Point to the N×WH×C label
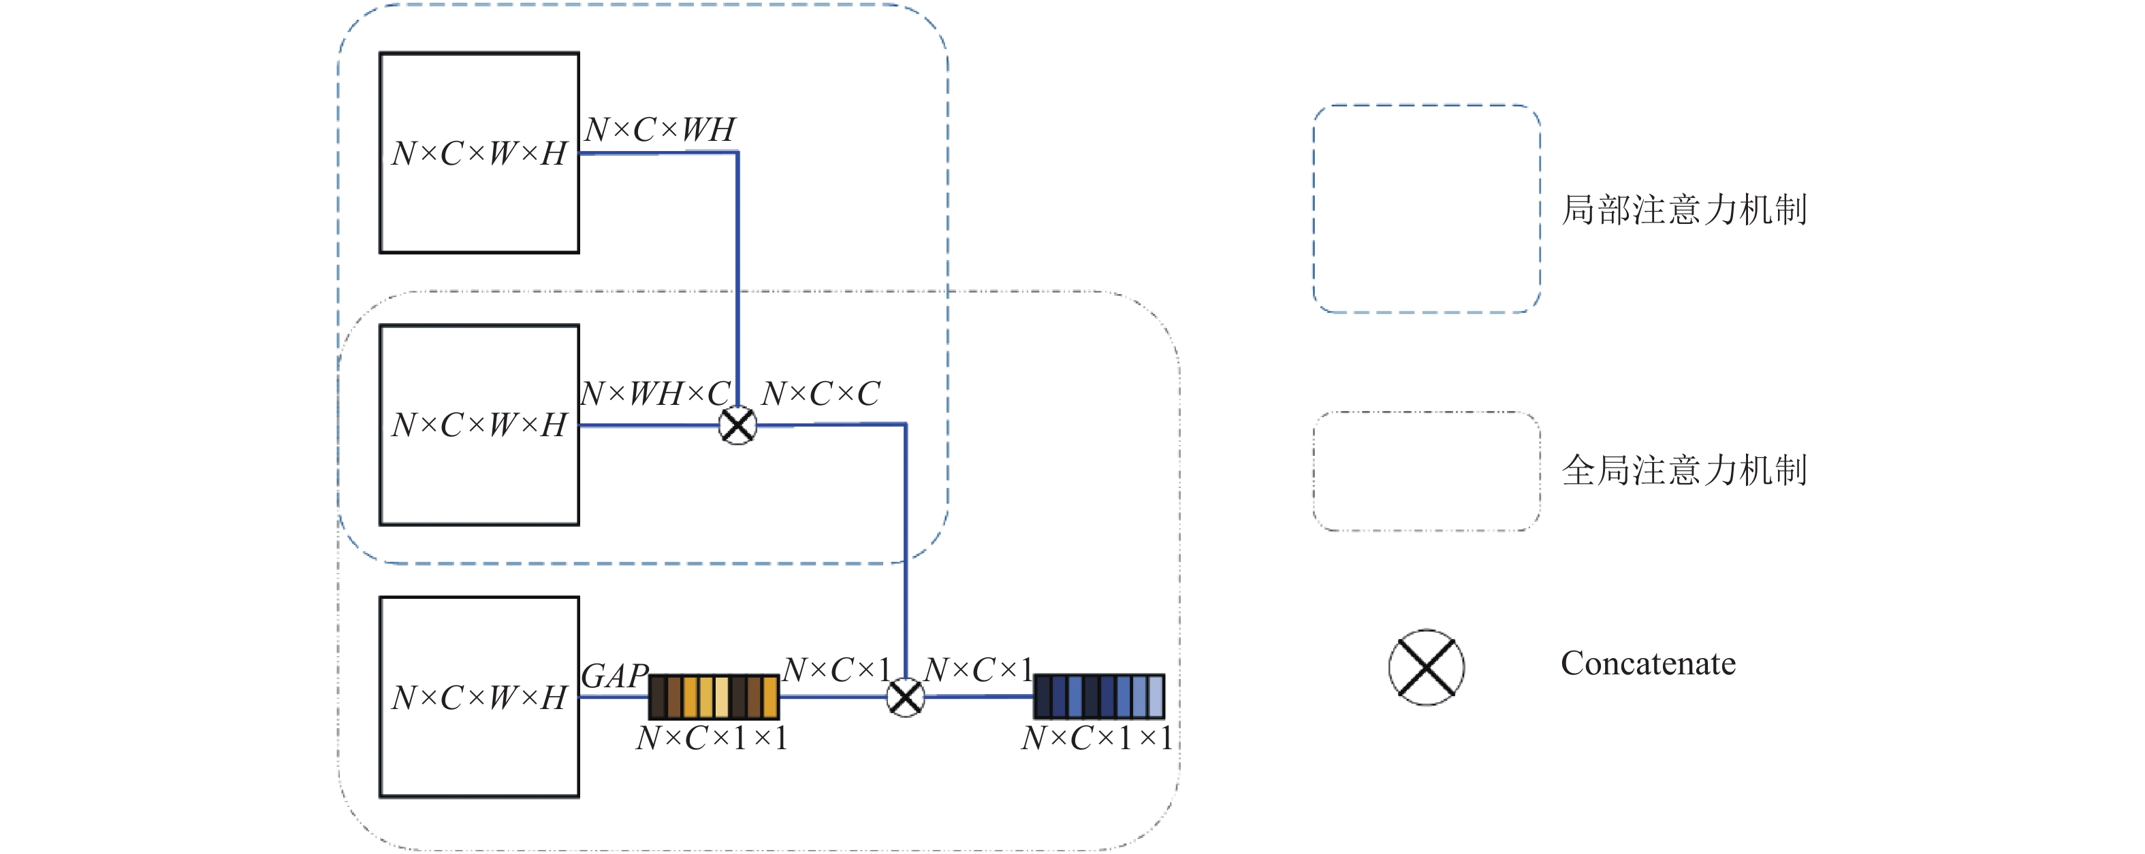coord(655,393)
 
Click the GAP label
coord(614,676)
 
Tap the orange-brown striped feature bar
coord(714,697)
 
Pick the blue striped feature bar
coord(1099,697)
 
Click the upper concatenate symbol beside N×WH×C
coord(737,425)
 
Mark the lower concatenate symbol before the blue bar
coord(906,697)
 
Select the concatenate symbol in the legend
coord(1427,668)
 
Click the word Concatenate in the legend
coord(1648,663)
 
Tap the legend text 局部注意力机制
coord(1684,210)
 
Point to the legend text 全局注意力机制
coord(1684,470)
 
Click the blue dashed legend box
coord(1314,209)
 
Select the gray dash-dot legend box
coord(1314,471)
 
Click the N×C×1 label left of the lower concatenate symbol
coord(837,669)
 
